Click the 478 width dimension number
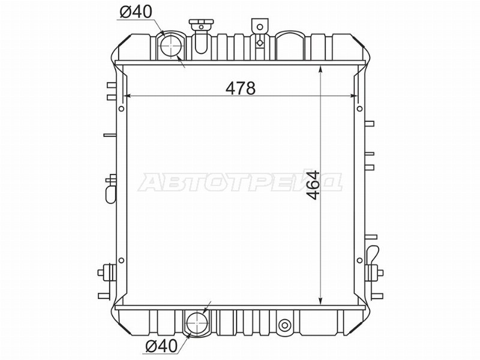[x=241, y=88]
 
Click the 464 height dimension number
[x=311, y=185]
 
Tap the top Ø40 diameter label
[x=134, y=12]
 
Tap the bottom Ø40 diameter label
[x=160, y=346]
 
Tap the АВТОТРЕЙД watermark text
[x=240, y=182]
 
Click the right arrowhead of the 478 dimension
[x=354, y=96]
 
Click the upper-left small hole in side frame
[x=122, y=109]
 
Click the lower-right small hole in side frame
[x=359, y=260]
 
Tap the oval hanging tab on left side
[x=110, y=193]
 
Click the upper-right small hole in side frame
[x=359, y=109]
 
